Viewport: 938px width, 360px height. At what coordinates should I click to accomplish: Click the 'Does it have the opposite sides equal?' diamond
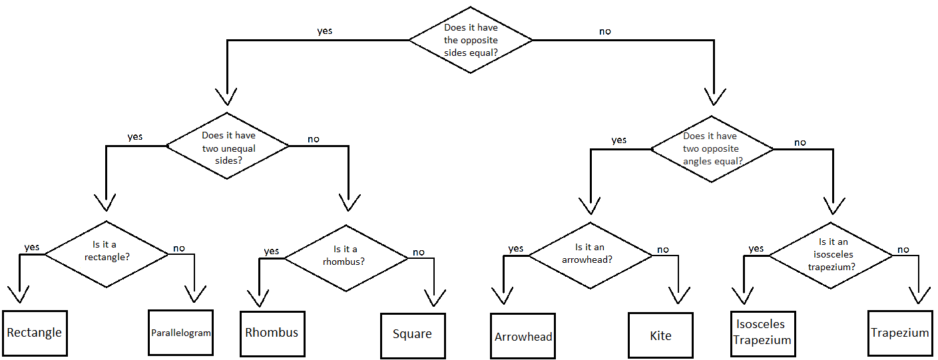tap(471, 41)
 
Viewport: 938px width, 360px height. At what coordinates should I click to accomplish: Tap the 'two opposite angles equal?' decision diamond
tap(712, 148)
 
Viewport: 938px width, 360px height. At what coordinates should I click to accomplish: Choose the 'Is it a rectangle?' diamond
tap(107, 254)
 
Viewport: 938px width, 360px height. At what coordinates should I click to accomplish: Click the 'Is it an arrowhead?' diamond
tap(590, 254)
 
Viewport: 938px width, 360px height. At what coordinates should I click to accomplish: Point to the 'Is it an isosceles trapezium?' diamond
tap(830, 256)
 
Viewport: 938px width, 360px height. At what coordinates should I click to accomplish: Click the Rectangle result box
tap(35, 333)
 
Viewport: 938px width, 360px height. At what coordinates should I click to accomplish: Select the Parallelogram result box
tap(180, 333)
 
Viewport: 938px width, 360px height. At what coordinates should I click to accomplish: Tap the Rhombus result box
tap(272, 333)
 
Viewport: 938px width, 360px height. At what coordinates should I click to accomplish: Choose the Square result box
tap(412, 335)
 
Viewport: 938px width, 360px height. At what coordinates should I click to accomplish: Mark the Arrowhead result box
tap(523, 336)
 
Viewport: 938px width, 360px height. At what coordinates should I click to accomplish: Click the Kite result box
tap(660, 336)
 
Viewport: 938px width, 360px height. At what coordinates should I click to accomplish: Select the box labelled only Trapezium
tap(899, 333)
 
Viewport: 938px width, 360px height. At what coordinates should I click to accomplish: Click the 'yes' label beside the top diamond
tap(324, 31)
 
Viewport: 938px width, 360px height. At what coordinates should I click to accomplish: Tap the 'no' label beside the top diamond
tap(604, 31)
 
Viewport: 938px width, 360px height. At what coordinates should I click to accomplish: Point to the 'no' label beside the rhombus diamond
tap(418, 252)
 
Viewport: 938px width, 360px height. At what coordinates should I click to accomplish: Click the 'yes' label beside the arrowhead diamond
tap(516, 249)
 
